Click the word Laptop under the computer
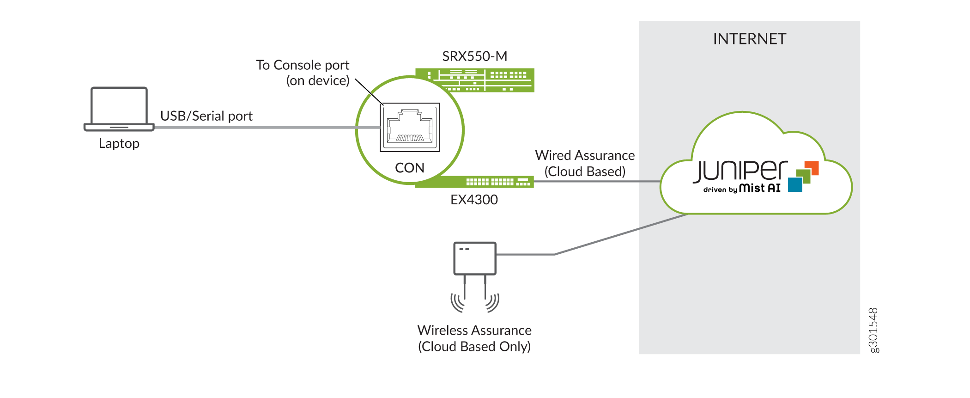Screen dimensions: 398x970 (x=119, y=144)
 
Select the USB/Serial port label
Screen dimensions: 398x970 (x=206, y=116)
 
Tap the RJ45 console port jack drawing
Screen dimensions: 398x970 (x=410, y=127)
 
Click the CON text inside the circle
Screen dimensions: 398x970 (x=410, y=168)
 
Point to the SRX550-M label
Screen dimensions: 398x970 (x=475, y=56)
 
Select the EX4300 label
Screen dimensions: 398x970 (x=474, y=200)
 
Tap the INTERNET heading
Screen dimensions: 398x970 (x=749, y=39)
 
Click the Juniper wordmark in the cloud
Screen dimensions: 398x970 (x=740, y=171)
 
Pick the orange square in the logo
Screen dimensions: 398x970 (x=812, y=168)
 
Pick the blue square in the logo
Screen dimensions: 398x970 (x=795, y=185)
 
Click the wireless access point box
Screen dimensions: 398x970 (x=475, y=258)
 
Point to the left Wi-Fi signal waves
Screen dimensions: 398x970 (x=458, y=302)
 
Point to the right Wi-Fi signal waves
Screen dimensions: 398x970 (x=492, y=302)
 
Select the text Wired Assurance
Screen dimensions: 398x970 (x=585, y=155)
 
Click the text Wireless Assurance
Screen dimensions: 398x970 (x=474, y=331)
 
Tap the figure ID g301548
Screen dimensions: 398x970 (x=873, y=330)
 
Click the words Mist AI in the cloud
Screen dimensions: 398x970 (x=760, y=188)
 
